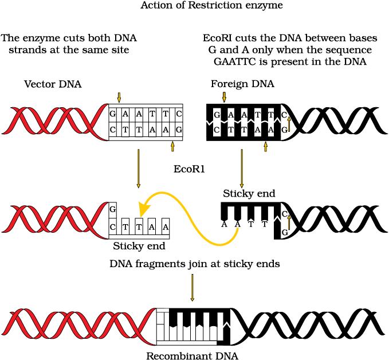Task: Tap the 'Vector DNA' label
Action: coord(53,84)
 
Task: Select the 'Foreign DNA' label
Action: coord(242,84)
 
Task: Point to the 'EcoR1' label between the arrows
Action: coord(190,169)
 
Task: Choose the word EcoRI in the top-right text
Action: coord(218,38)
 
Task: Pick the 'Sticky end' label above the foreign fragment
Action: coord(249,194)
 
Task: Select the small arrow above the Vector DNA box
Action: coord(119,97)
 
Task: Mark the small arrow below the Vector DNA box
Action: coord(171,147)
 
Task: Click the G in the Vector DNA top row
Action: coord(113,114)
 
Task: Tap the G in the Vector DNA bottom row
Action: coord(179,131)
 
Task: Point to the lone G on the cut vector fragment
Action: coord(113,209)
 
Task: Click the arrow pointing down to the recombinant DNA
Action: coord(192,288)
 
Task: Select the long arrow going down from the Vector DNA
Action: coord(138,169)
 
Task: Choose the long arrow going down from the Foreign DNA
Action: coord(241,169)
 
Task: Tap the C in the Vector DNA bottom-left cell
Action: coord(113,131)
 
